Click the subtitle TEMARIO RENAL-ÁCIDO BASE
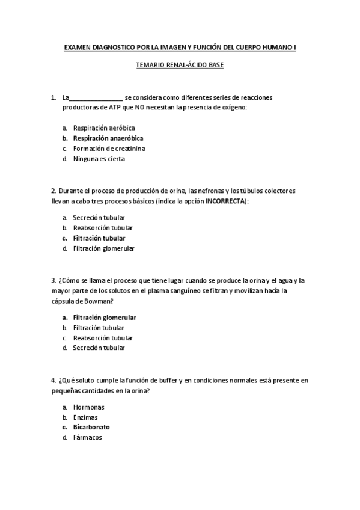coord(180,64)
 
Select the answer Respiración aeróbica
coord(104,127)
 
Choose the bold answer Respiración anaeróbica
coord(108,138)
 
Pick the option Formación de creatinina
coord(109,148)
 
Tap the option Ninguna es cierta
coord(99,159)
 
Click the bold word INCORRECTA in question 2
coord(225,201)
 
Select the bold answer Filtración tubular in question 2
coord(99,238)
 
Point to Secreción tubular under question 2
coord(99,218)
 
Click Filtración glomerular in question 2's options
coord(103,248)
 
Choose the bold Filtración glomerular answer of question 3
coord(105,318)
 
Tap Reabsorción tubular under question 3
coord(103,338)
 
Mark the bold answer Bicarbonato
coord(91,427)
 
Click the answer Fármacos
coord(88,437)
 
